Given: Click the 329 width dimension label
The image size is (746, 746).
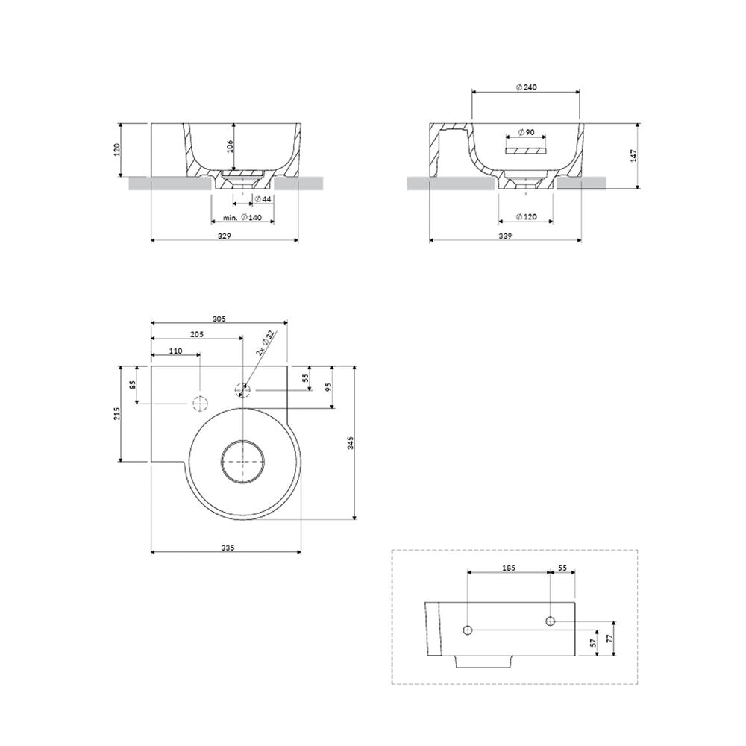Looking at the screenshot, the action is click(x=224, y=236).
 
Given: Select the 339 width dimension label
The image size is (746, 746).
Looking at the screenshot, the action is click(x=505, y=236).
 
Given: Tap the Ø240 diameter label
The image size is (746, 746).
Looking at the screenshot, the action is click(x=526, y=87).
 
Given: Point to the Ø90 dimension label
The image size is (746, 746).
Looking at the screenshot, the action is click(x=526, y=132).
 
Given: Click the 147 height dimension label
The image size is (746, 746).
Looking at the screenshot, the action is click(x=633, y=156).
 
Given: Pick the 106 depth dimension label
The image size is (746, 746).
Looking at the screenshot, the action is click(x=231, y=146).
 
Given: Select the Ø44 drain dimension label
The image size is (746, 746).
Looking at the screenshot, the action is click(x=263, y=199).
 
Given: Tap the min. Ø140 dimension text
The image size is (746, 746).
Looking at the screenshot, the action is click(x=242, y=217).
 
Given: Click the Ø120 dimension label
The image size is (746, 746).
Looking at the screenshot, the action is click(x=526, y=216).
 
